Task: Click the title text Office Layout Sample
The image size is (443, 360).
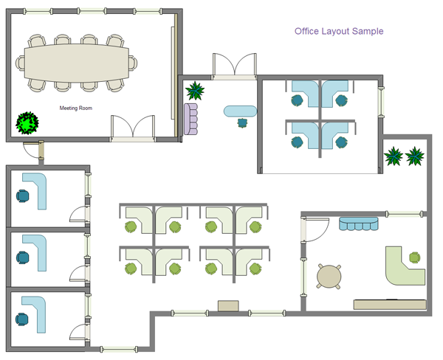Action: (339, 32)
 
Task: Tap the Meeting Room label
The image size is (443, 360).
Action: (76, 108)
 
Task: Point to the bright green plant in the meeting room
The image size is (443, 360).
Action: (28, 122)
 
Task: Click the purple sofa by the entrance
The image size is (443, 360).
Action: (191, 118)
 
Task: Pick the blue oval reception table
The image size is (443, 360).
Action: (240, 111)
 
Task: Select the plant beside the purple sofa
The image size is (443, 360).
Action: (196, 91)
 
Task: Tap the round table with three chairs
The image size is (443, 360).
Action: (329, 276)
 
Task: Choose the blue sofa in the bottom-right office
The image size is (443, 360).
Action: (358, 223)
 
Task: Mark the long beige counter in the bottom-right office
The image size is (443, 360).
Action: (390, 304)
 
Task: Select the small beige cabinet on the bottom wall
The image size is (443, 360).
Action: (229, 305)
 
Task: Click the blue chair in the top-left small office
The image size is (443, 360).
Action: (24, 196)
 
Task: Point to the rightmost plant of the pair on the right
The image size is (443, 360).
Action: (416, 156)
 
